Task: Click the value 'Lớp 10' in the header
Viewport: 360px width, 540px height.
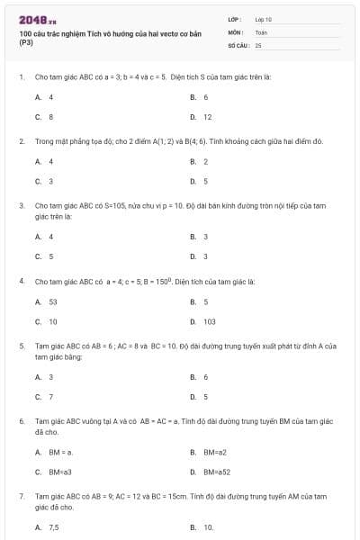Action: click(263, 18)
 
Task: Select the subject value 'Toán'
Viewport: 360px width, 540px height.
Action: click(261, 31)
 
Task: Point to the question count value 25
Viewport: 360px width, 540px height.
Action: click(258, 44)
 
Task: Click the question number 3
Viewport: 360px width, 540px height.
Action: click(21, 205)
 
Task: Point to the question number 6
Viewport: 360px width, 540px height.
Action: click(21, 420)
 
